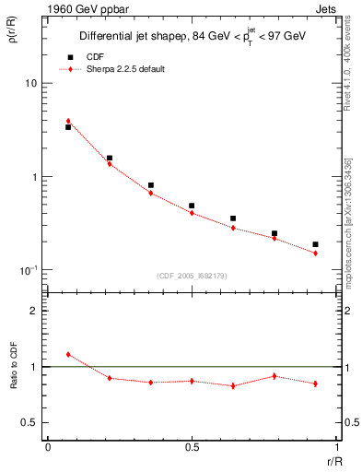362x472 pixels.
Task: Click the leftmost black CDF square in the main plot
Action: (68, 127)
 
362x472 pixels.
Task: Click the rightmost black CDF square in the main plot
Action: (315, 244)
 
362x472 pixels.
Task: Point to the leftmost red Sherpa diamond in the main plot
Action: (68, 121)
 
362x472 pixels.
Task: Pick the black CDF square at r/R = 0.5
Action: (192, 206)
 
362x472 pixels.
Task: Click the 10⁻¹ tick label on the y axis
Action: (28, 270)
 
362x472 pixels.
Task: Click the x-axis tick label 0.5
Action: (192, 447)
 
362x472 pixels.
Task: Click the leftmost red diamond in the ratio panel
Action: (68, 354)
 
